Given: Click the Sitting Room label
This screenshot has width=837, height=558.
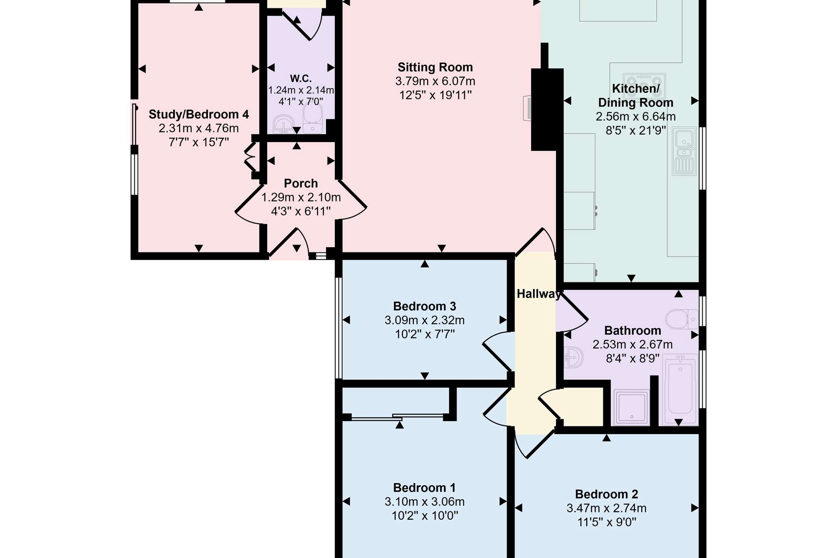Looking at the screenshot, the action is pyautogui.click(x=435, y=67).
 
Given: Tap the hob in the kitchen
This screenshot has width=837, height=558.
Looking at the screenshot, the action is pyautogui.click(x=644, y=82).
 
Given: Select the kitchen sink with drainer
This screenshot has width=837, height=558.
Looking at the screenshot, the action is pyautogui.click(x=684, y=151).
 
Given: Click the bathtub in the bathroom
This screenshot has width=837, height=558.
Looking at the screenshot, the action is pyautogui.click(x=680, y=390).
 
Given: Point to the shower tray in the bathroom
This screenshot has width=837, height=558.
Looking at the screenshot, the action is pyautogui.click(x=631, y=407).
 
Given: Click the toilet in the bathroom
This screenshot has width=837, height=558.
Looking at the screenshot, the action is pyautogui.click(x=682, y=319).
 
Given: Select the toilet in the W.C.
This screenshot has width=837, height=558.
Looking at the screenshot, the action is pyautogui.click(x=313, y=118).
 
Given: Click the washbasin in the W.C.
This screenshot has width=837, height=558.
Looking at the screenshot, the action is pyautogui.click(x=284, y=125).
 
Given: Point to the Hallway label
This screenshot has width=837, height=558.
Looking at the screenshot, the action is pyautogui.click(x=539, y=294).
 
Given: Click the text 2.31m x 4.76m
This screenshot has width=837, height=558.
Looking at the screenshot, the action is pyautogui.click(x=199, y=128).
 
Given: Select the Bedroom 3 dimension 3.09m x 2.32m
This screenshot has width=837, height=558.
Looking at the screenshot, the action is pyautogui.click(x=425, y=320).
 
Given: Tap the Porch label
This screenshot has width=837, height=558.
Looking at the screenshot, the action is pyautogui.click(x=301, y=183).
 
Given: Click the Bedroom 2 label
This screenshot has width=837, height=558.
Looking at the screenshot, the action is pyautogui.click(x=606, y=494).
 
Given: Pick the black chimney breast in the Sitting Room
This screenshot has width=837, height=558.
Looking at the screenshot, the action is pyautogui.click(x=547, y=109).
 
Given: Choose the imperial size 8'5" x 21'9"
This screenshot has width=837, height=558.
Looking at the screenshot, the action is pyautogui.click(x=636, y=130).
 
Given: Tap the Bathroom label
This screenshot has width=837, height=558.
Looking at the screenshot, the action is pyautogui.click(x=633, y=330).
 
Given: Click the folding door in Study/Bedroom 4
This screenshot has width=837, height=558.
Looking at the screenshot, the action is pyautogui.click(x=250, y=157).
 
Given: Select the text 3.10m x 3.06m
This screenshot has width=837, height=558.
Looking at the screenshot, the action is pyautogui.click(x=425, y=501).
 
